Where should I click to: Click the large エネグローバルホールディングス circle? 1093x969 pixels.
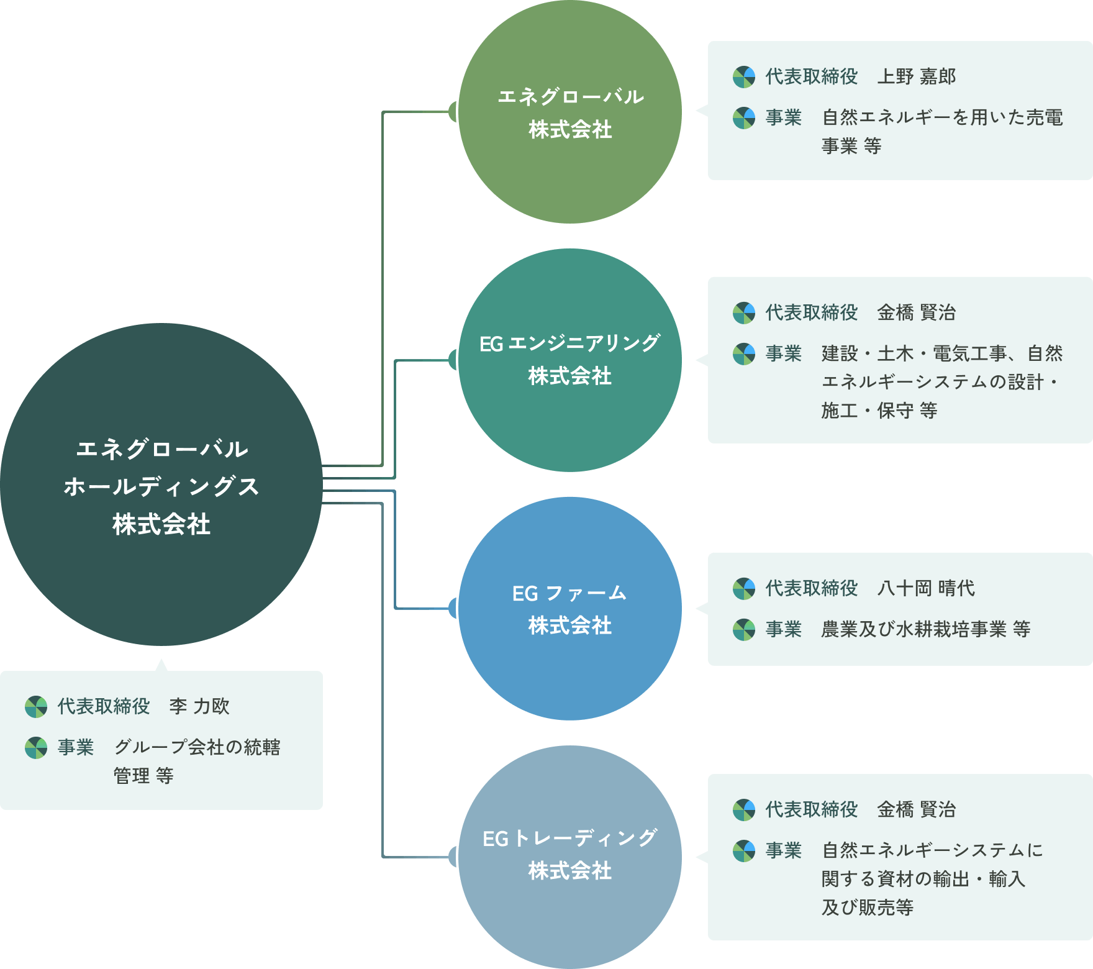click(x=161, y=484)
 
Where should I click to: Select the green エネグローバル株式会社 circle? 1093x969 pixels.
click(x=570, y=112)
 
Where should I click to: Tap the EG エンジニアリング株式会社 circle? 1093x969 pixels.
click(x=570, y=360)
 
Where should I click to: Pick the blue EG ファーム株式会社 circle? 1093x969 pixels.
click(x=570, y=609)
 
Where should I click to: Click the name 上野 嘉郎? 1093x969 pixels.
click(x=916, y=76)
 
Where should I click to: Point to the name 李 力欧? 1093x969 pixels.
click(x=199, y=706)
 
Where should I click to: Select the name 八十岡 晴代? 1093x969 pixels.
click(x=926, y=588)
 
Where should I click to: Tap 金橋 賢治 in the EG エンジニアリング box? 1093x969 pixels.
click(x=916, y=312)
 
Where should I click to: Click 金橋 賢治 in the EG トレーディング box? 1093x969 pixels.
click(x=916, y=809)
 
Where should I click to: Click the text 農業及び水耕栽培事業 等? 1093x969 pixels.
click(x=925, y=629)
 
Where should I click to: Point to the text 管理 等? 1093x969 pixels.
click(x=143, y=776)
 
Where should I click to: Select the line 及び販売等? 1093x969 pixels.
click(x=867, y=908)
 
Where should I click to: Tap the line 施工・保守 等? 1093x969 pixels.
click(x=879, y=411)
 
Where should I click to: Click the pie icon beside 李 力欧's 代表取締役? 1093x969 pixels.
click(x=36, y=707)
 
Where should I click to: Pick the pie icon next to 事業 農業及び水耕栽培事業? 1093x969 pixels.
click(x=743, y=630)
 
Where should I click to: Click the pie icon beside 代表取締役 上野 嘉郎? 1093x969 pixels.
click(x=743, y=77)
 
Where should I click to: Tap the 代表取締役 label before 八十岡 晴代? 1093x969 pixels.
click(x=811, y=588)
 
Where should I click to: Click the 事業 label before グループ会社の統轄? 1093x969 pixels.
click(x=75, y=747)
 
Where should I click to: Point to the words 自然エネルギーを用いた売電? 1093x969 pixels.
click(x=942, y=117)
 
